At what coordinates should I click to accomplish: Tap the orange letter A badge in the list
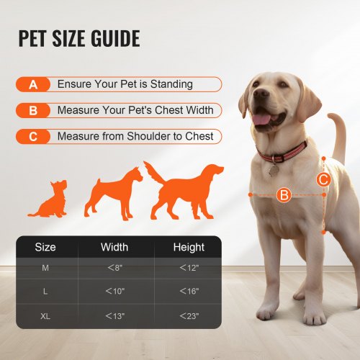coord(32,84)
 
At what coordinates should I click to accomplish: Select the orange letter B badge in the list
coord(32,110)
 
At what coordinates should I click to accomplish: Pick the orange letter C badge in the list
coord(32,136)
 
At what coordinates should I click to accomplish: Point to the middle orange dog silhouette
coord(113,192)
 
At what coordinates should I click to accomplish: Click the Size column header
coord(45,247)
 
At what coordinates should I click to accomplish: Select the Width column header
coord(114,247)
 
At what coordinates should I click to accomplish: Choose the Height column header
coord(189,247)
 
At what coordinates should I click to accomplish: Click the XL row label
coord(45,315)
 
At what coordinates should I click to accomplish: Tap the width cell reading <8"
coord(114,269)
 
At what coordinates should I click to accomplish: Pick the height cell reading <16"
coord(189,291)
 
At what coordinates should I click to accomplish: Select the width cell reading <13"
coord(114,315)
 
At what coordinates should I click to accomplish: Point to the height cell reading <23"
coord(189,315)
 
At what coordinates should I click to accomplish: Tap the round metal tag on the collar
coord(274,169)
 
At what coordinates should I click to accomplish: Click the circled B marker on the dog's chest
coord(284,194)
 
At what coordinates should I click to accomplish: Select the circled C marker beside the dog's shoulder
coord(323,179)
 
